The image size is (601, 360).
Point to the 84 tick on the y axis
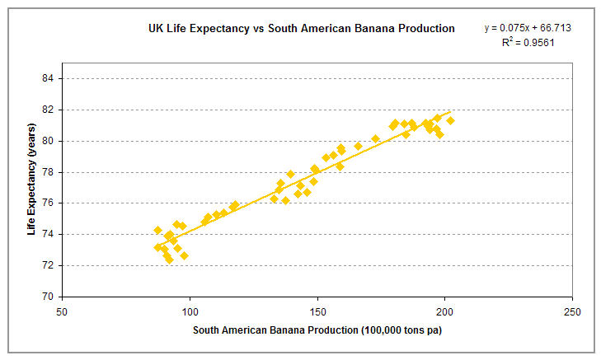click(x=49, y=78)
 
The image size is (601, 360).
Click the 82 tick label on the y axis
click(x=49, y=110)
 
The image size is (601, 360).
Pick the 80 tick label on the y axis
click(x=49, y=141)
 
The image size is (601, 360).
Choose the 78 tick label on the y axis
click(x=49, y=172)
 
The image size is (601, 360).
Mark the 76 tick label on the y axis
click(x=49, y=203)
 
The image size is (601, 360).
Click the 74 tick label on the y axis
click(x=49, y=234)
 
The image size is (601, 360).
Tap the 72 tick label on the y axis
click(x=49, y=265)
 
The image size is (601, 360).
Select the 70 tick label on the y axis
click(x=49, y=297)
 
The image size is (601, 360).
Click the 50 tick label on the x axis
click(x=62, y=312)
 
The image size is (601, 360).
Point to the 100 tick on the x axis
click(x=190, y=312)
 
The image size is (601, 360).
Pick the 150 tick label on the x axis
click(x=317, y=312)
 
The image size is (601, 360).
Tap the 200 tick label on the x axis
click(x=445, y=312)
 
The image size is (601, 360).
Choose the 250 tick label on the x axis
click(x=573, y=312)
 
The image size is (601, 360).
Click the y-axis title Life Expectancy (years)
click(x=31, y=188)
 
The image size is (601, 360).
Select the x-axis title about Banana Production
click(x=317, y=331)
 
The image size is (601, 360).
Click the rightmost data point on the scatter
click(x=450, y=120)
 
